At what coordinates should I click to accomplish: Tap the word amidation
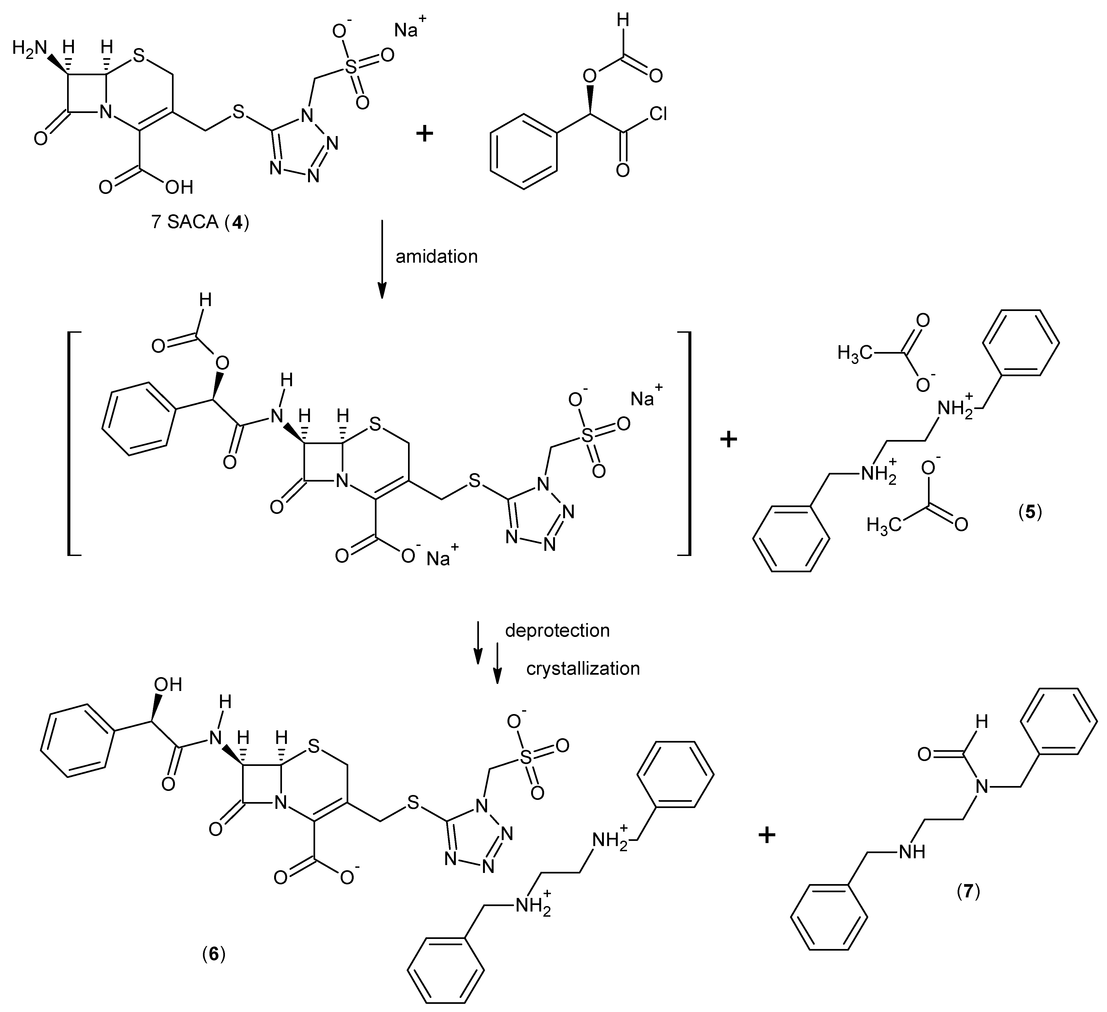(x=437, y=256)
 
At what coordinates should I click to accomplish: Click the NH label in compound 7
(x=911, y=852)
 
